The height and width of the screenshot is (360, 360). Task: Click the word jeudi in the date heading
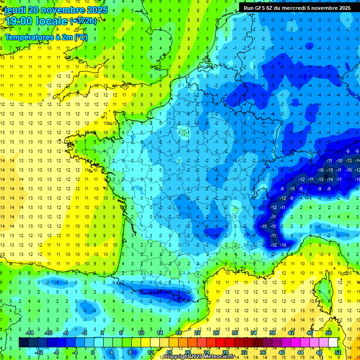coord(14,10)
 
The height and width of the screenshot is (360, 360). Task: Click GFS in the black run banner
coord(261,8)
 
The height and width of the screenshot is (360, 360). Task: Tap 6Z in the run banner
coord(274,8)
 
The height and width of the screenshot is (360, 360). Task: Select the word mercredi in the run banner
coord(298,8)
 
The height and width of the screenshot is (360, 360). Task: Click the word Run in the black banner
coord(248,8)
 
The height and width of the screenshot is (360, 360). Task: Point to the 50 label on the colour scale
coord(329,332)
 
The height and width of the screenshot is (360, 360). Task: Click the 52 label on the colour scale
coord(338,352)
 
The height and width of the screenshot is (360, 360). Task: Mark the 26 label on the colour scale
coord(216,332)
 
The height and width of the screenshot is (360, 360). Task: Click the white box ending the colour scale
coord(333,342)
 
